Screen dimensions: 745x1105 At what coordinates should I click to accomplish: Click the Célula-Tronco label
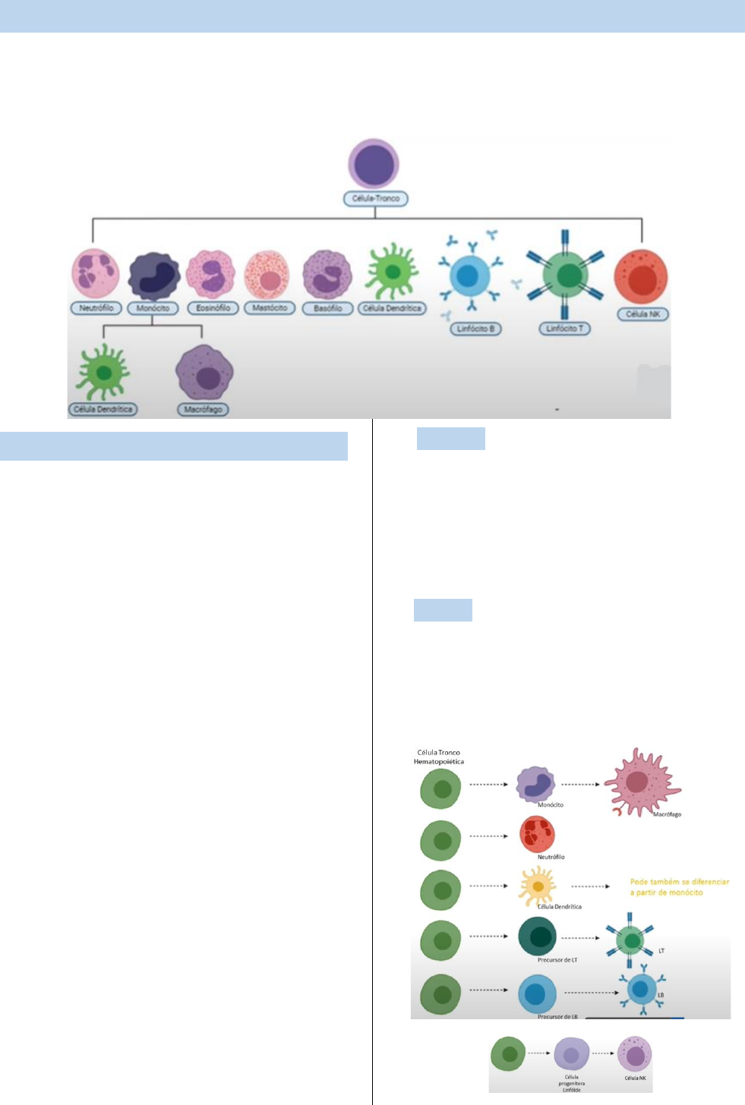[x=376, y=199]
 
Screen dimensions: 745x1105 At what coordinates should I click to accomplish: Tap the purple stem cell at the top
[x=374, y=164]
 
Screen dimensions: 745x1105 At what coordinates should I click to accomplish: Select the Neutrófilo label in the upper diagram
[x=96, y=308]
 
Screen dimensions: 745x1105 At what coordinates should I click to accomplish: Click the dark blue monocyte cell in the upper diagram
[x=153, y=276]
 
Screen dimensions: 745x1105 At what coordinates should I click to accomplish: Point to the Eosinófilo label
[x=213, y=308]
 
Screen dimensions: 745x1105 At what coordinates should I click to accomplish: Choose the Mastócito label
[x=270, y=308]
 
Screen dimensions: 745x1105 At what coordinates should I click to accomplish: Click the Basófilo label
[x=328, y=309]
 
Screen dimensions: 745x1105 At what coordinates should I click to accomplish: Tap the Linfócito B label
[x=476, y=329]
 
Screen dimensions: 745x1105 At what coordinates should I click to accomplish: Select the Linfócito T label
[x=565, y=329]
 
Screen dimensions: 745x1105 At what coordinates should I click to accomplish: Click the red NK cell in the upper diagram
[x=641, y=277]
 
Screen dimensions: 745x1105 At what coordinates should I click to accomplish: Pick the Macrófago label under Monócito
[x=203, y=410]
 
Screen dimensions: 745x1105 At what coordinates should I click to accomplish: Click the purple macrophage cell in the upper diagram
[x=204, y=373]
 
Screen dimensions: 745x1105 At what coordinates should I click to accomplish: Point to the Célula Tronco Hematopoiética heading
[x=439, y=757]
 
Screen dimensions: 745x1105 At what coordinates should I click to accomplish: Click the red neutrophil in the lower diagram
[x=537, y=834]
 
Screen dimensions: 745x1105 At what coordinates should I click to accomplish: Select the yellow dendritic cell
[x=537, y=886]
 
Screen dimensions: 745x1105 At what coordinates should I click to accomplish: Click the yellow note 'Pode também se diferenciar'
[x=679, y=887]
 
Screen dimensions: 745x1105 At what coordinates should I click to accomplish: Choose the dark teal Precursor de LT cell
[x=538, y=937]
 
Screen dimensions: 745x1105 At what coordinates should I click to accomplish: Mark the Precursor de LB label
[x=557, y=1016]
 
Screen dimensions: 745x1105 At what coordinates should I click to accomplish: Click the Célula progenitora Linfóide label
[x=571, y=1083]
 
